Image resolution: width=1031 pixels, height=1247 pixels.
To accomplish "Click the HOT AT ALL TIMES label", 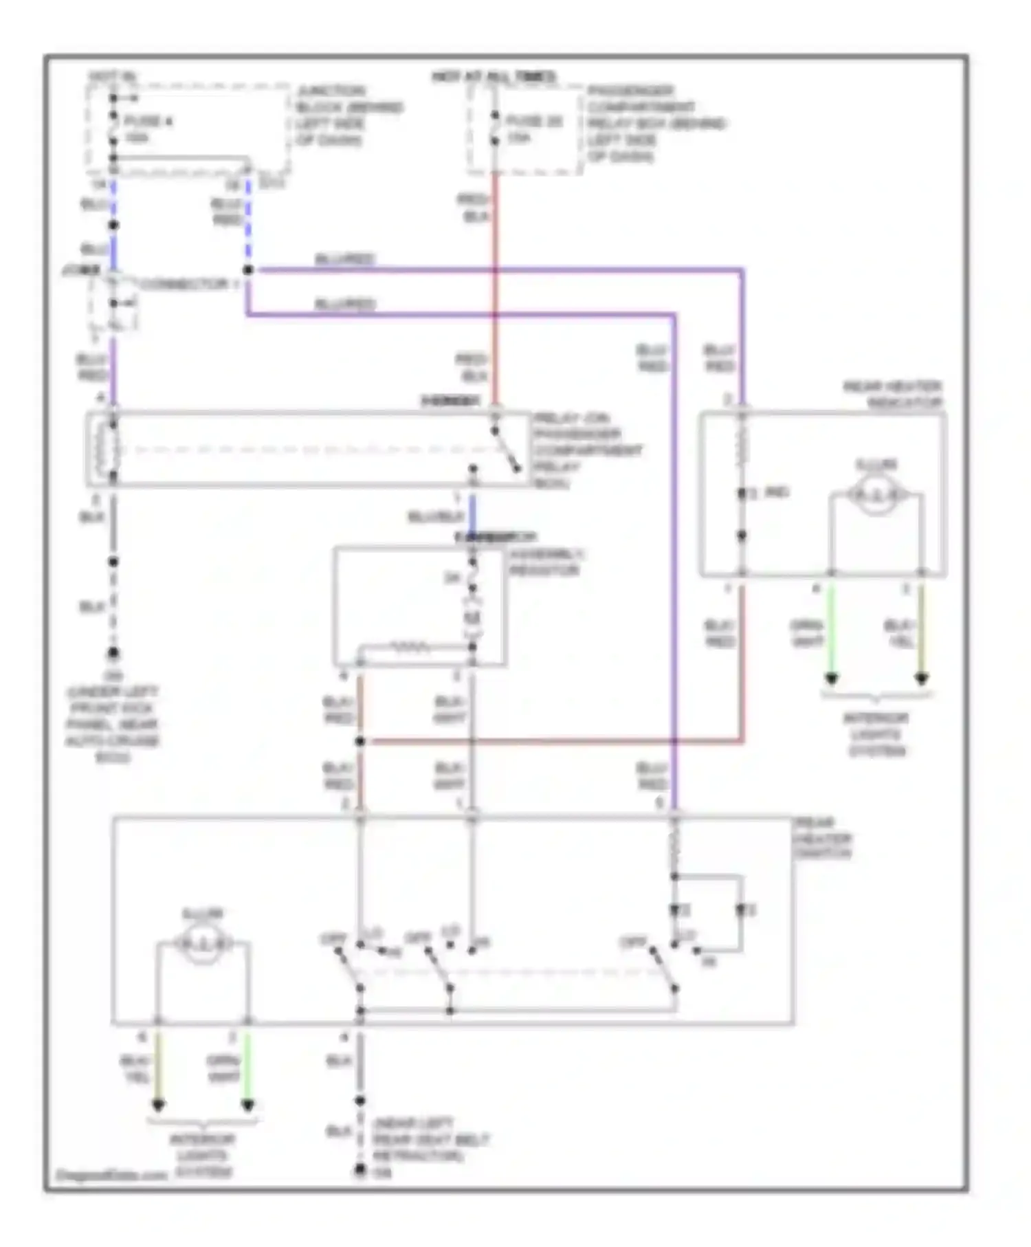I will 494,77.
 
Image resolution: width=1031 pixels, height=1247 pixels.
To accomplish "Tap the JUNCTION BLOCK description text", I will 349,115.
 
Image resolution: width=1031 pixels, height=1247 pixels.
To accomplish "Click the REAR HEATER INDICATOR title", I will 893,395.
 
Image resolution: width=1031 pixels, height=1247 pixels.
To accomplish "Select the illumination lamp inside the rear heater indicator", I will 876,494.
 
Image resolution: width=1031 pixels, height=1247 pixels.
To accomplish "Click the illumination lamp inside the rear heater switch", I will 202,944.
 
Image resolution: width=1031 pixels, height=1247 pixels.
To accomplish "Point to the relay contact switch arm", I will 507,451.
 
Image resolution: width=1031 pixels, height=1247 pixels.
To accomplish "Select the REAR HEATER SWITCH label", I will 822,839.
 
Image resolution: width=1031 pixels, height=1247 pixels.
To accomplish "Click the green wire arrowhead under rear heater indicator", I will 831,678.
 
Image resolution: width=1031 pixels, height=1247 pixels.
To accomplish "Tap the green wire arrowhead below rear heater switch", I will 247,1105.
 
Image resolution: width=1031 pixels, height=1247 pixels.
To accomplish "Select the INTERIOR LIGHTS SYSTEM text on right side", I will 876,734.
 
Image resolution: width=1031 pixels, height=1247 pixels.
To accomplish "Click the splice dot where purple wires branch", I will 248,270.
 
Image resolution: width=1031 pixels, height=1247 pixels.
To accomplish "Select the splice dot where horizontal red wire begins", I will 359,742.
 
